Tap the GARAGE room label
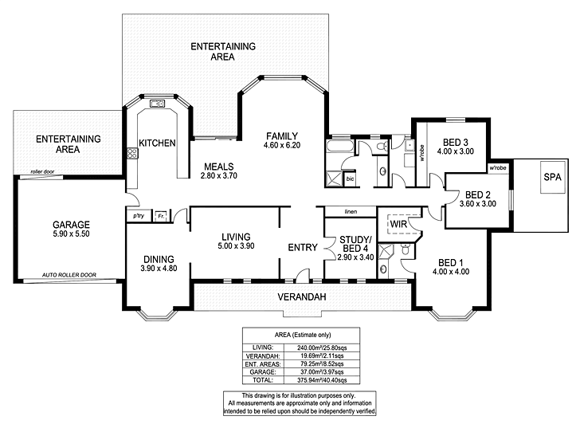[x=72, y=225]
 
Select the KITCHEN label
[x=157, y=143]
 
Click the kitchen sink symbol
[x=157, y=104]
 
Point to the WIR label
[x=398, y=225]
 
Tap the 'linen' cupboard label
[x=351, y=212]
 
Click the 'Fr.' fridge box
[x=160, y=215]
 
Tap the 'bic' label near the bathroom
[x=350, y=180]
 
